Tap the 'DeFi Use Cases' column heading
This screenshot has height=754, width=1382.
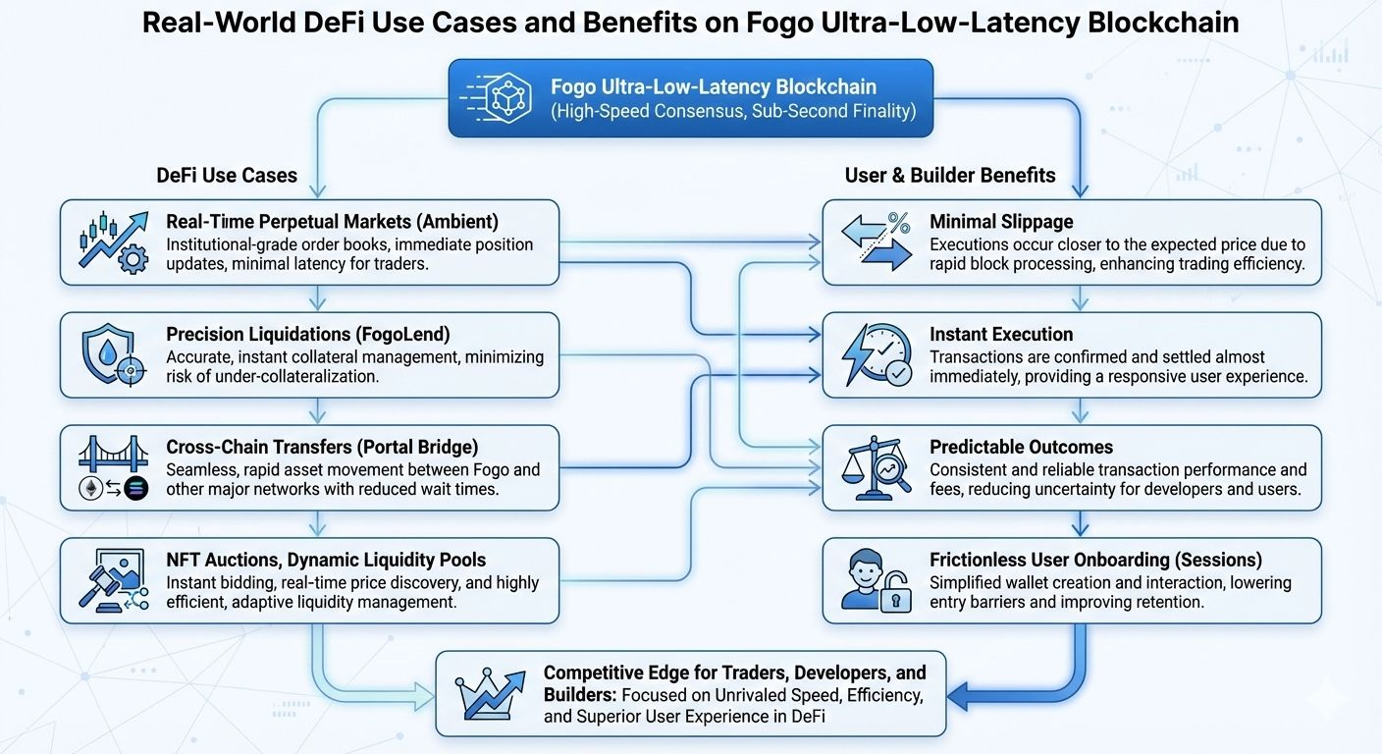coord(227,176)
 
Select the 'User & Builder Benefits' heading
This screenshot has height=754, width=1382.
coord(950,176)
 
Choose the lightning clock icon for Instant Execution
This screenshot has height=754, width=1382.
coord(877,355)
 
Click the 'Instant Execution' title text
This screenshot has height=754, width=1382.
coord(1001,335)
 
